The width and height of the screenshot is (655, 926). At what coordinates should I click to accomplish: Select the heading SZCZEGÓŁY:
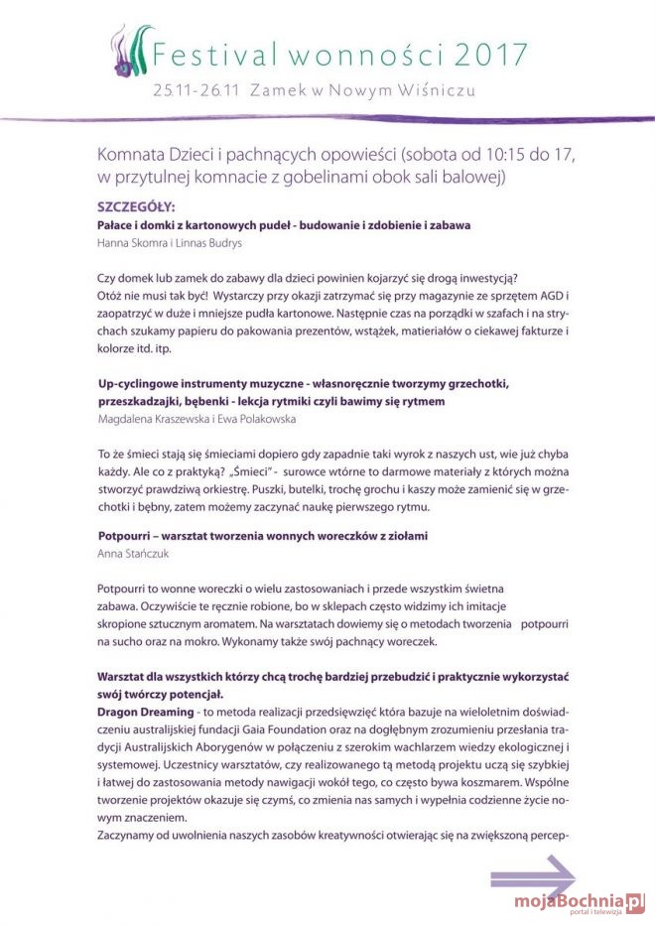[136, 207]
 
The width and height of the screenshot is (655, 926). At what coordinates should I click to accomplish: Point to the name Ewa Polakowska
[260, 418]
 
